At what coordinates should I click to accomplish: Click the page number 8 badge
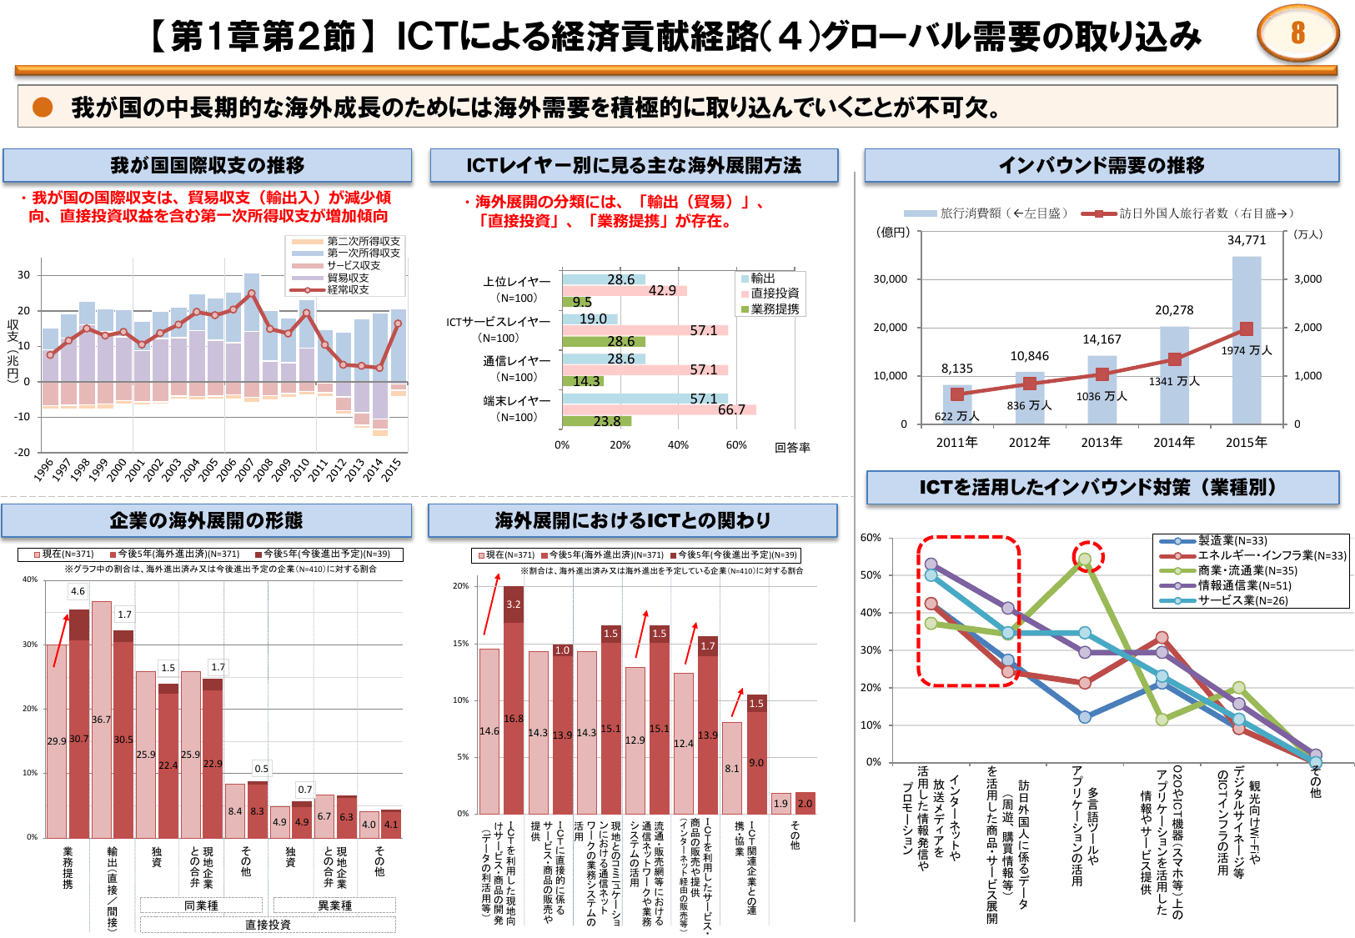(1297, 33)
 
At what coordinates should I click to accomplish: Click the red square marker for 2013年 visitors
(1102, 374)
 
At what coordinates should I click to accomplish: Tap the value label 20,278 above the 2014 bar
(1174, 310)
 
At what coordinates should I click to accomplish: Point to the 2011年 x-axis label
(956, 442)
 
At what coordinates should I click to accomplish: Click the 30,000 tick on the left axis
(890, 279)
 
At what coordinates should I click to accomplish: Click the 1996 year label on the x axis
(43, 469)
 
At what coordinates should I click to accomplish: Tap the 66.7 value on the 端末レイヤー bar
(731, 409)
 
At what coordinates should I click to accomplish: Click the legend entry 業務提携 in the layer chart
(775, 308)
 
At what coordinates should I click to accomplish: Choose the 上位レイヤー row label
(516, 282)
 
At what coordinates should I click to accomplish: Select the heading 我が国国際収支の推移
(207, 165)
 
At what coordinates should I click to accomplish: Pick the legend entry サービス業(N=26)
(1242, 600)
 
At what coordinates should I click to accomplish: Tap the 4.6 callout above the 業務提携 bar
(78, 591)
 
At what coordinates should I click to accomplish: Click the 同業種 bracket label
(201, 905)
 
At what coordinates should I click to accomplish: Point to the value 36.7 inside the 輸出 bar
(101, 720)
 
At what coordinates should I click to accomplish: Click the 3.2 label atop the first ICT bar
(513, 604)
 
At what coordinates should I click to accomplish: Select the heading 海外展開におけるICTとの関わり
(632, 520)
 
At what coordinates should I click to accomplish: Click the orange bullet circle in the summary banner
(43, 107)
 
